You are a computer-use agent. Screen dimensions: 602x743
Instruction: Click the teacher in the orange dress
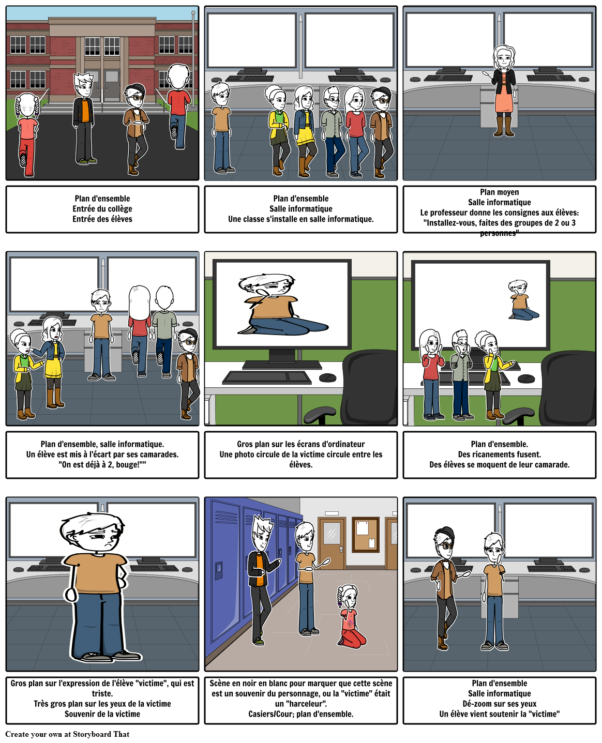point(504,90)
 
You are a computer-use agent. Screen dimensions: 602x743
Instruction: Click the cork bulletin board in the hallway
point(365,535)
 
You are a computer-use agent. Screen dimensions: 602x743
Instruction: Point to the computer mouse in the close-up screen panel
point(327,377)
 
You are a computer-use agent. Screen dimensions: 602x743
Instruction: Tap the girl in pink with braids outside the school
point(26,134)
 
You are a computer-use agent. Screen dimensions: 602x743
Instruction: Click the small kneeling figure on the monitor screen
point(522,300)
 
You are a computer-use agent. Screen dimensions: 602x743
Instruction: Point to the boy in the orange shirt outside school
point(84,118)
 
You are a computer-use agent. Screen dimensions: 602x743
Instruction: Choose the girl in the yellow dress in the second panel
point(304,131)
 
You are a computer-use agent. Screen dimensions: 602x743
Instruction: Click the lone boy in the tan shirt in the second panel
point(221,128)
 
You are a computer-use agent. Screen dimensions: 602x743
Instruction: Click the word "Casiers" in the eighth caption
point(261,714)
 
